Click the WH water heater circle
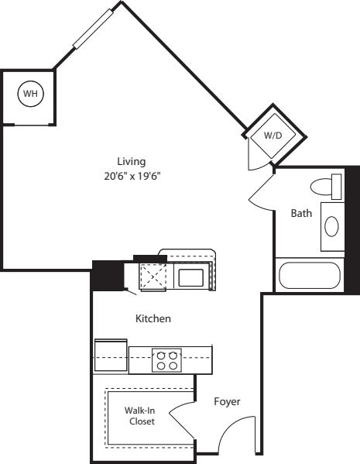point(30,94)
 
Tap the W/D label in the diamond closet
point(273,135)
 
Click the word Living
point(131,161)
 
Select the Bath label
point(301,214)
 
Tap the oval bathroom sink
point(331,226)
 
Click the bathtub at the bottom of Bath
point(308,277)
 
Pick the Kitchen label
point(153,318)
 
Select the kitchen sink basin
point(190,275)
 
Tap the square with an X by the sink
point(153,276)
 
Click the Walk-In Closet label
point(141,416)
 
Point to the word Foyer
point(227,402)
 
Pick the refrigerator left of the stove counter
point(111,356)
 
